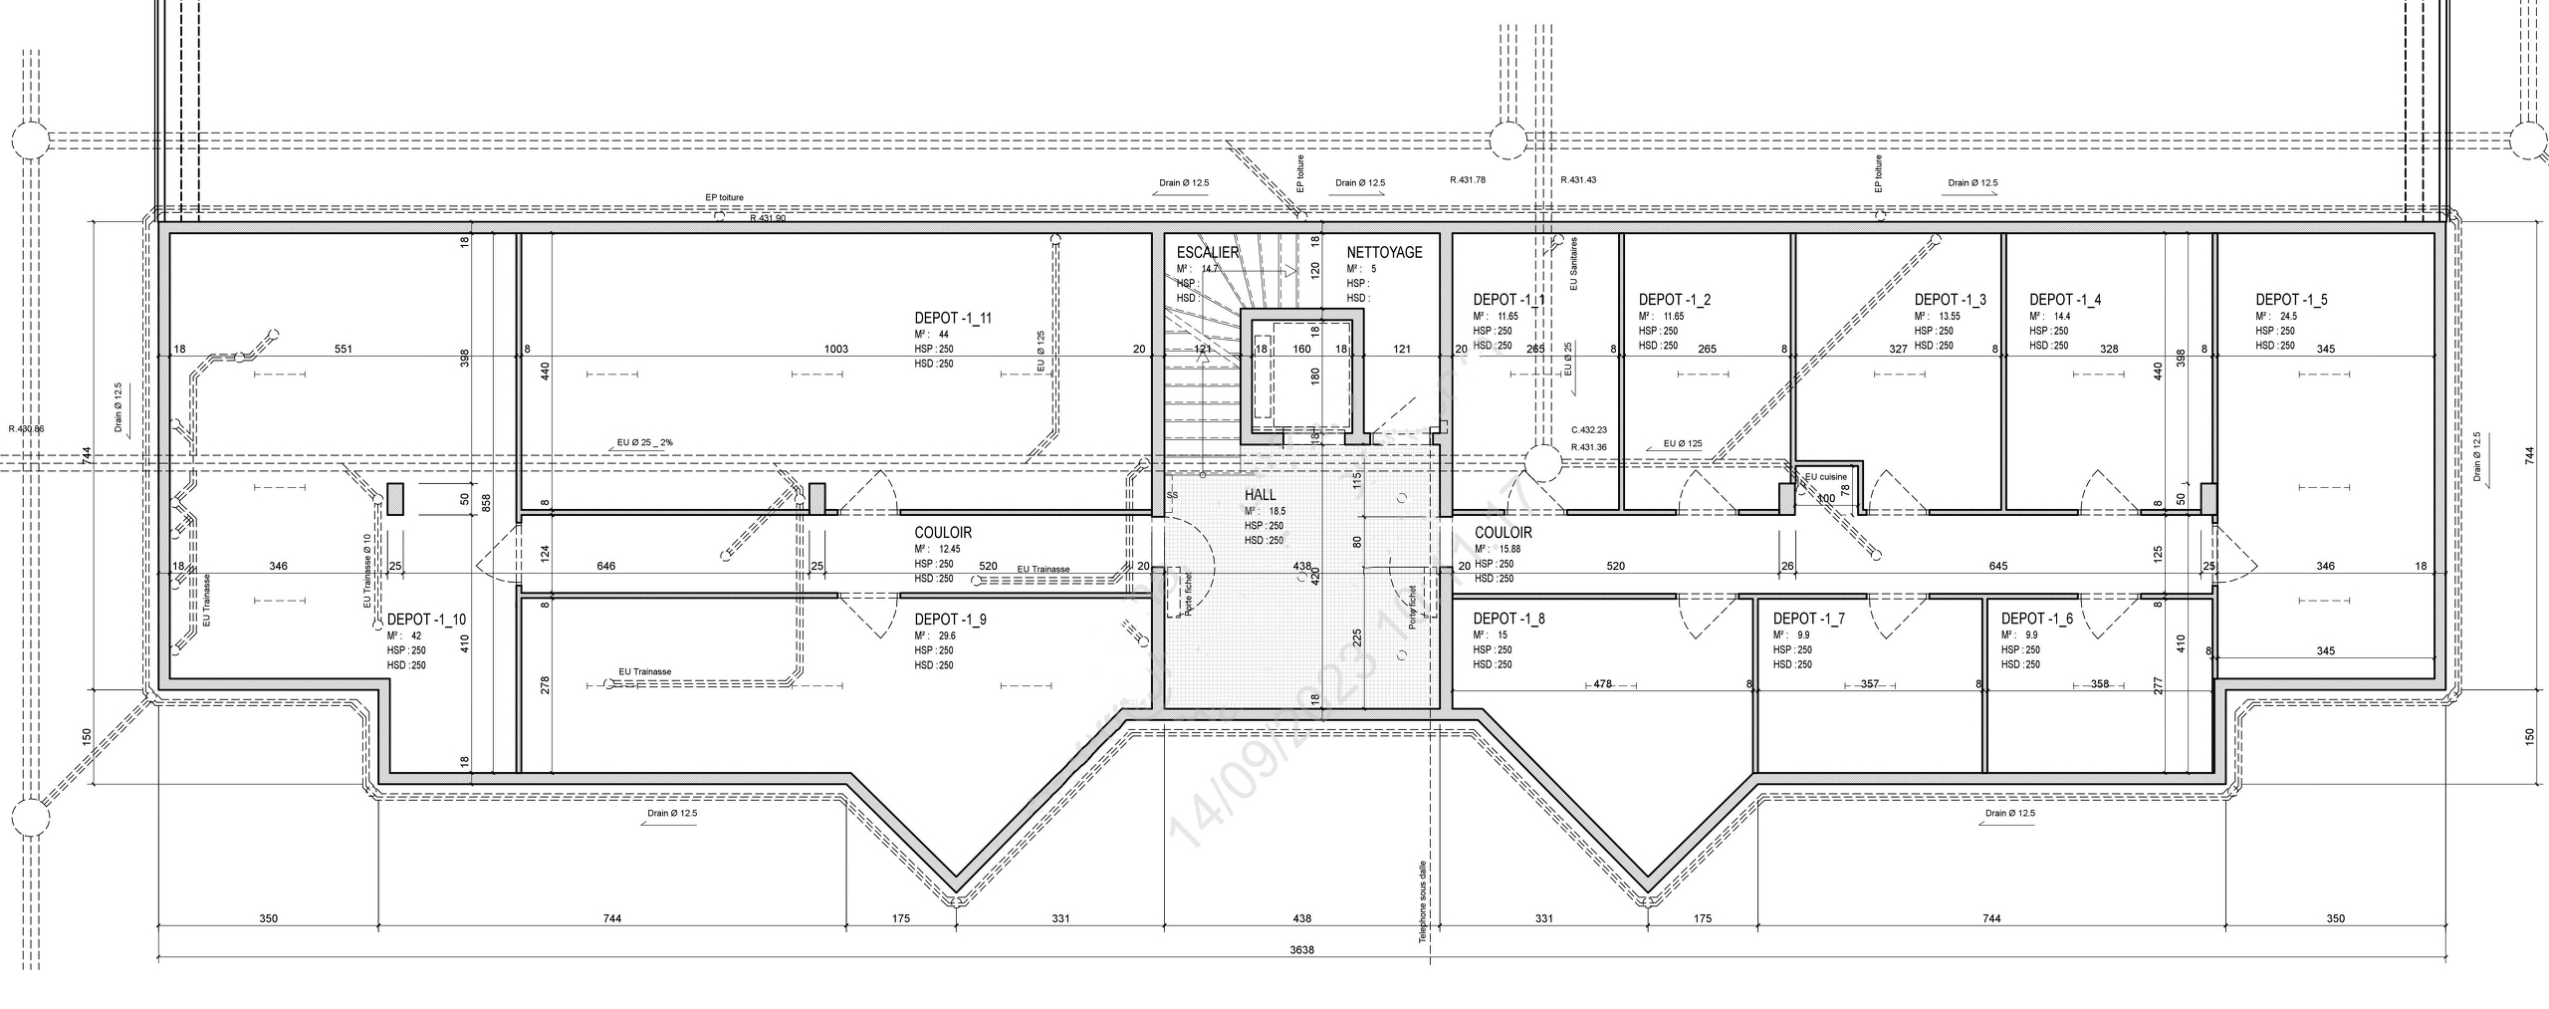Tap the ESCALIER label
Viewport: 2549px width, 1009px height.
1208,252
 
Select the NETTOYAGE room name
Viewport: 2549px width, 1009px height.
1385,252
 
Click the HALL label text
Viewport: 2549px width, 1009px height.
1260,495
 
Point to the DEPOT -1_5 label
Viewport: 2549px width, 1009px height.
2291,299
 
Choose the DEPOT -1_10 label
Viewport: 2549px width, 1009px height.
426,620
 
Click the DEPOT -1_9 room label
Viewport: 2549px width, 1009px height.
950,620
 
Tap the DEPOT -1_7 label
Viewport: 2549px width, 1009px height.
1808,619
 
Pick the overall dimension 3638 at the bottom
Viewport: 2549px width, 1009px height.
1301,949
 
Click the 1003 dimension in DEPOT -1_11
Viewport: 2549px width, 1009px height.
836,350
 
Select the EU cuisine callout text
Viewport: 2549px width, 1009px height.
1825,477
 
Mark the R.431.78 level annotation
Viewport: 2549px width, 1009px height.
1468,180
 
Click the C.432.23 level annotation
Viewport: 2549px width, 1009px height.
1589,430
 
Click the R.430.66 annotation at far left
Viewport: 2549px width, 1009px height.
26,429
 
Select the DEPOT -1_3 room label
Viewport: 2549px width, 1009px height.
1950,299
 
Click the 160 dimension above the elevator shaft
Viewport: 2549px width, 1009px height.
1301,350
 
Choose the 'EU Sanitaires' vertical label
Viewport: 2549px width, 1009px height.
1574,263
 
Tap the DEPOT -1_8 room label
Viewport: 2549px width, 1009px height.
1508,619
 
